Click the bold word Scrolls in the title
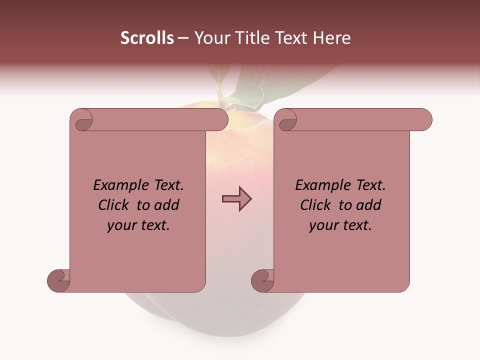click(147, 38)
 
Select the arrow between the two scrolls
click(236, 199)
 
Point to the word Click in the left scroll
click(115, 205)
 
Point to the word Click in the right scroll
click(317, 205)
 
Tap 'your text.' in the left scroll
click(138, 225)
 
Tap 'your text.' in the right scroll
click(340, 225)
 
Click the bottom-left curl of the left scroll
click(59, 280)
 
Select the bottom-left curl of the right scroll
click(262, 280)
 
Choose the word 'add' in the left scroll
click(166, 205)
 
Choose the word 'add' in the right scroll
click(368, 205)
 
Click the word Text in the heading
click(291, 38)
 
